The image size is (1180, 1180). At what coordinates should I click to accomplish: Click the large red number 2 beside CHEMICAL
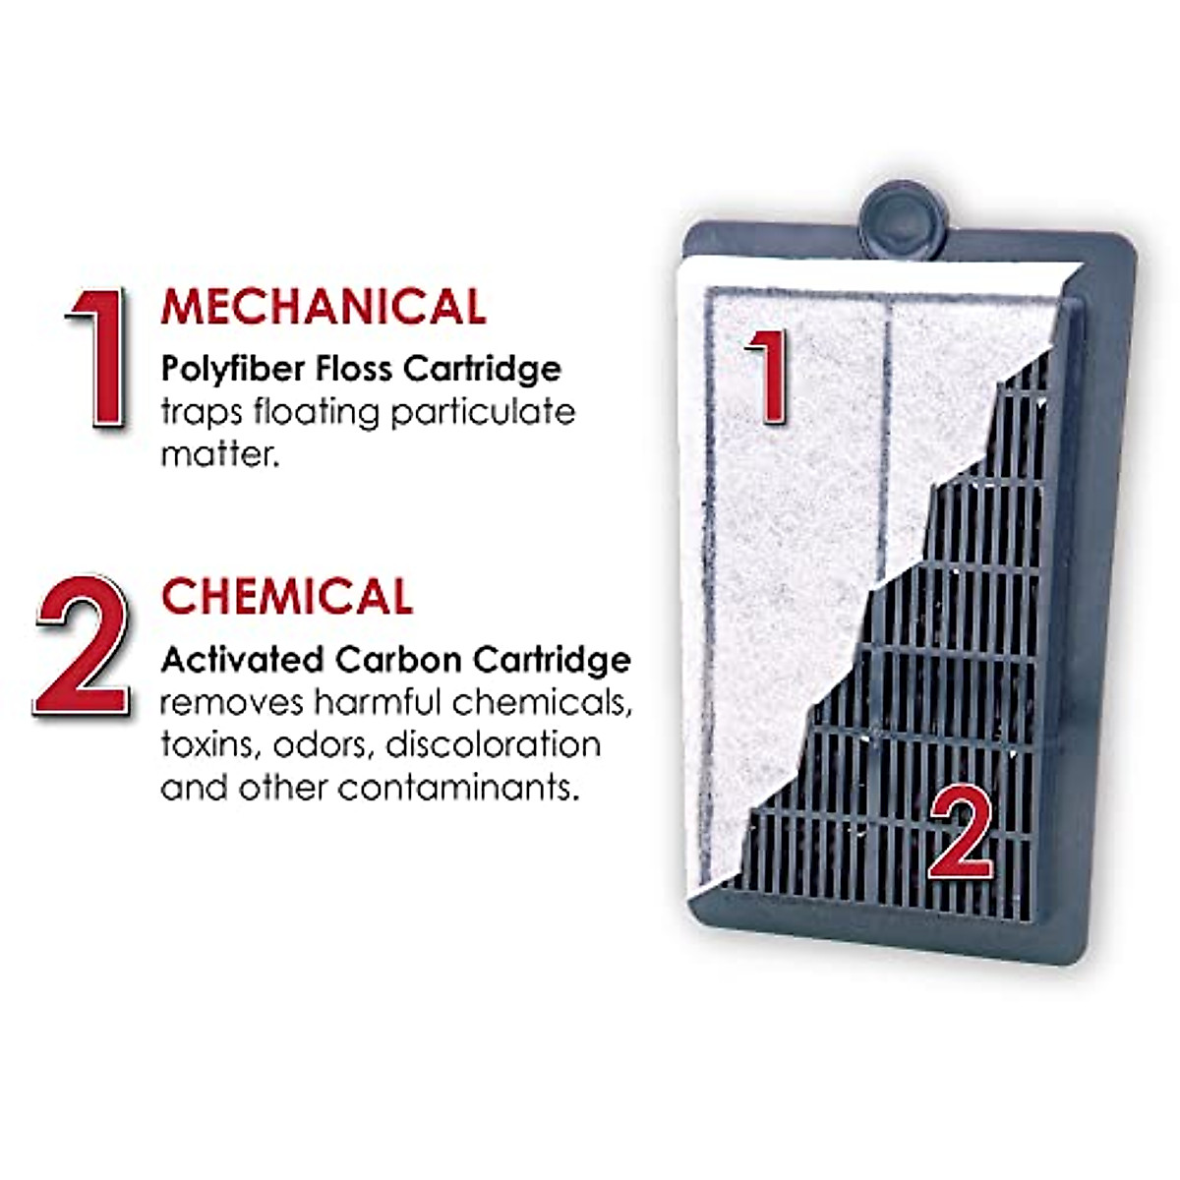84,645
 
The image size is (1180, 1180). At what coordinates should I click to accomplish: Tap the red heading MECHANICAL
324,306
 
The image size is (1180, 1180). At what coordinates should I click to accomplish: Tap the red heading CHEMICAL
287,597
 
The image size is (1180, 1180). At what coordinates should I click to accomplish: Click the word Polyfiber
230,370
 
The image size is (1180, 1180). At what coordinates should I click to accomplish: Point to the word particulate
483,412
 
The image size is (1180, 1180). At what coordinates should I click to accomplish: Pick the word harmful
378,702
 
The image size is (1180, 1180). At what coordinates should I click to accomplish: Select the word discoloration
493,744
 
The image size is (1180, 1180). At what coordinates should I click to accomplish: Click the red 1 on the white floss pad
767,377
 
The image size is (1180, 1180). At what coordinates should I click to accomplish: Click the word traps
201,413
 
